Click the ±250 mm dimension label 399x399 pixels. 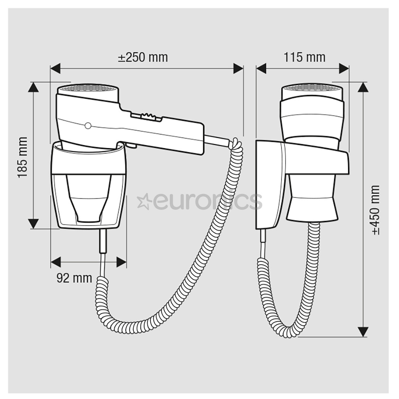coord(143,57)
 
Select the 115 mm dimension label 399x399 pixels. coord(304,57)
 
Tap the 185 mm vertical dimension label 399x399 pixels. coord(23,157)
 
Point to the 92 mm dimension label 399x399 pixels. coord(74,278)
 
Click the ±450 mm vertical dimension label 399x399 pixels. coord(376,210)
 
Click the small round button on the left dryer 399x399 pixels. coord(88,126)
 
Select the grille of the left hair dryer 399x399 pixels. coord(88,88)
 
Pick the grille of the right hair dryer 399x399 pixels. coord(312,88)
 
